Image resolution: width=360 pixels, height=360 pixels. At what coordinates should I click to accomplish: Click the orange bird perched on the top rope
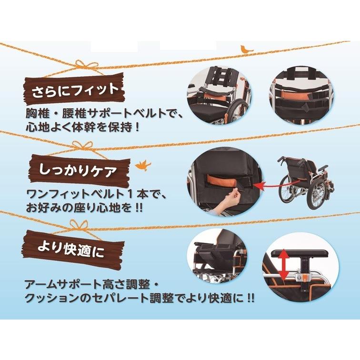coord(246,49)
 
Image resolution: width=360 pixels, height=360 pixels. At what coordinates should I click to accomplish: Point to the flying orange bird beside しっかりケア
coord(141,165)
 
